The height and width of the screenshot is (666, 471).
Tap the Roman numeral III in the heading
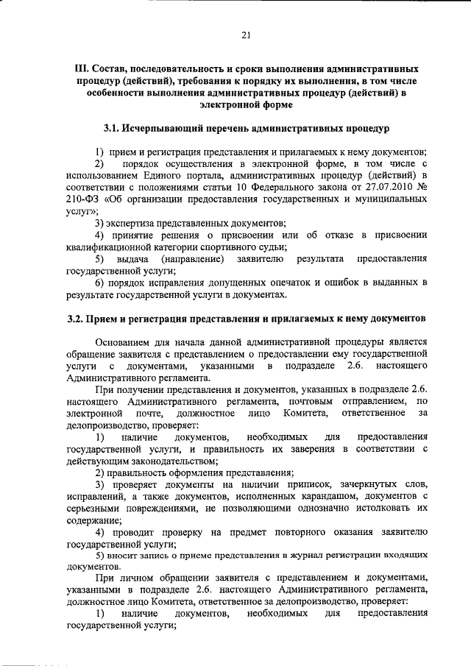(82, 67)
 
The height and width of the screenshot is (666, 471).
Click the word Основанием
(124, 342)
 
